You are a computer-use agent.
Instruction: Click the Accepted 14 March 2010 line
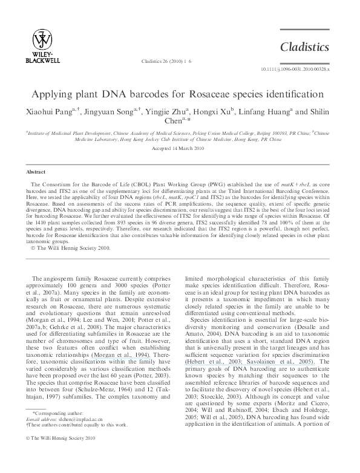click(x=180, y=148)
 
